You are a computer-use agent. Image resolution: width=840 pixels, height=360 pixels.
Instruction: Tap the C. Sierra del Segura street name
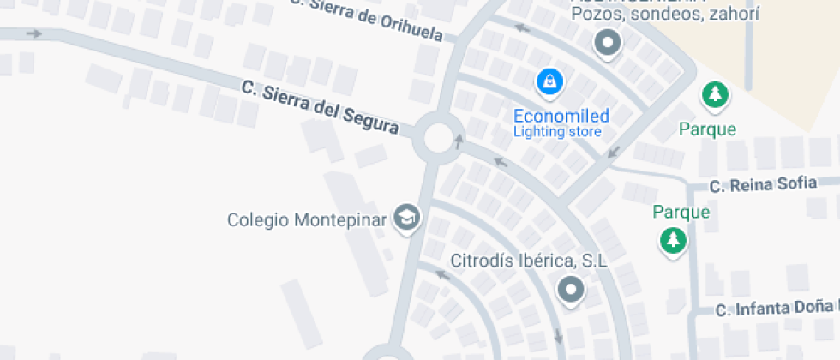(321, 106)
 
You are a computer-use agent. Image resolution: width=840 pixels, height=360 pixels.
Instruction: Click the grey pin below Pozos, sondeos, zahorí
(608, 42)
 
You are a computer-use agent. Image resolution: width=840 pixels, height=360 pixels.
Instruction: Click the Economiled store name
(561, 116)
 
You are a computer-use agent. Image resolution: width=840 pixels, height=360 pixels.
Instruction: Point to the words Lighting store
(557, 132)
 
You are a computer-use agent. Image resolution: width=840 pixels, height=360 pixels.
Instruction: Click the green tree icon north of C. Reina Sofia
(714, 94)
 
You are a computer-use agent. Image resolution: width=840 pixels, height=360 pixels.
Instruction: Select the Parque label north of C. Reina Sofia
(707, 129)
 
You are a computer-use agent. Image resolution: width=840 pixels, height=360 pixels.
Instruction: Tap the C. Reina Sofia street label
(763, 184)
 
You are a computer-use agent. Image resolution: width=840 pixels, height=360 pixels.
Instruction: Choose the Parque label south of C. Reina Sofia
(681, 212)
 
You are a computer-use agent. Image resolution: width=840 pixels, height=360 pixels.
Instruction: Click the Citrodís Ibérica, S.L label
(529, 261)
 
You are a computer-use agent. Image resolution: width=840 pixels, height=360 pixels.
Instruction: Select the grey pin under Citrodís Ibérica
(571, 291)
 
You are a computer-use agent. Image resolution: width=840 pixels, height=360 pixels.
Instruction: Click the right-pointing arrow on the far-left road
(35, 34)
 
